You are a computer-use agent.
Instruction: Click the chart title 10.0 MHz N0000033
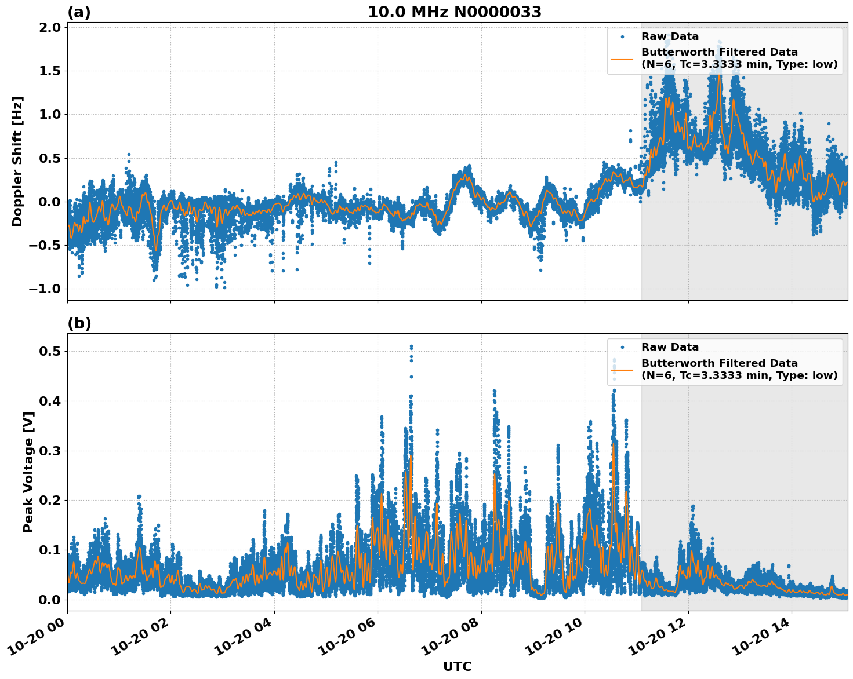[454, 12]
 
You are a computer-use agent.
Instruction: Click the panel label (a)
[79, 12]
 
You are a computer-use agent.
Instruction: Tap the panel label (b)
[79, 323]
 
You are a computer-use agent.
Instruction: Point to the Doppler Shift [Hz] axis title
[17, 161]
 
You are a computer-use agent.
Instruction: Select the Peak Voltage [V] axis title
[28, 472]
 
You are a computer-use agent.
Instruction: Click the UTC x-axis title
[457, 666]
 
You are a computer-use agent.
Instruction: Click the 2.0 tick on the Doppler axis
[50, 28]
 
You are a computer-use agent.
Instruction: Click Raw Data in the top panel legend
[670, 36]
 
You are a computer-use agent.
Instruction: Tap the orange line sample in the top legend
[622, 59]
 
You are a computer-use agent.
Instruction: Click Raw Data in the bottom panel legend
[670, 347]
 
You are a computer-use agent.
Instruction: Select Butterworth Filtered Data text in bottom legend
[719, 363]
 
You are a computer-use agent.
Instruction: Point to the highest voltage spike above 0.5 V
[411, 346]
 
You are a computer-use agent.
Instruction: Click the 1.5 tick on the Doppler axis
[50, 71]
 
